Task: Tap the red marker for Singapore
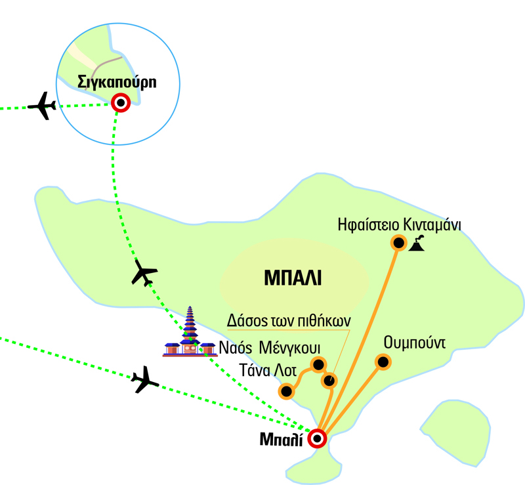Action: tap(120, 102)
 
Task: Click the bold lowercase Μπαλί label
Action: tap(282, 439)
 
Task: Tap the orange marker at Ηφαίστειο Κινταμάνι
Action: tap(398, 243)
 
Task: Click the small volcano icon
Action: tap(417, 243)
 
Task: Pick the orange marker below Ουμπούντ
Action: tap(382, 362)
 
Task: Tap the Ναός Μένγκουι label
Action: tap(262, 347)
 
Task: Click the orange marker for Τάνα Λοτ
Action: tap(286, 392)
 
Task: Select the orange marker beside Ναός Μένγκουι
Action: tap(318, 364)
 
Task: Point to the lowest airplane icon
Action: tap(144, 379)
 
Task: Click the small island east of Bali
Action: tap(455, 427)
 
